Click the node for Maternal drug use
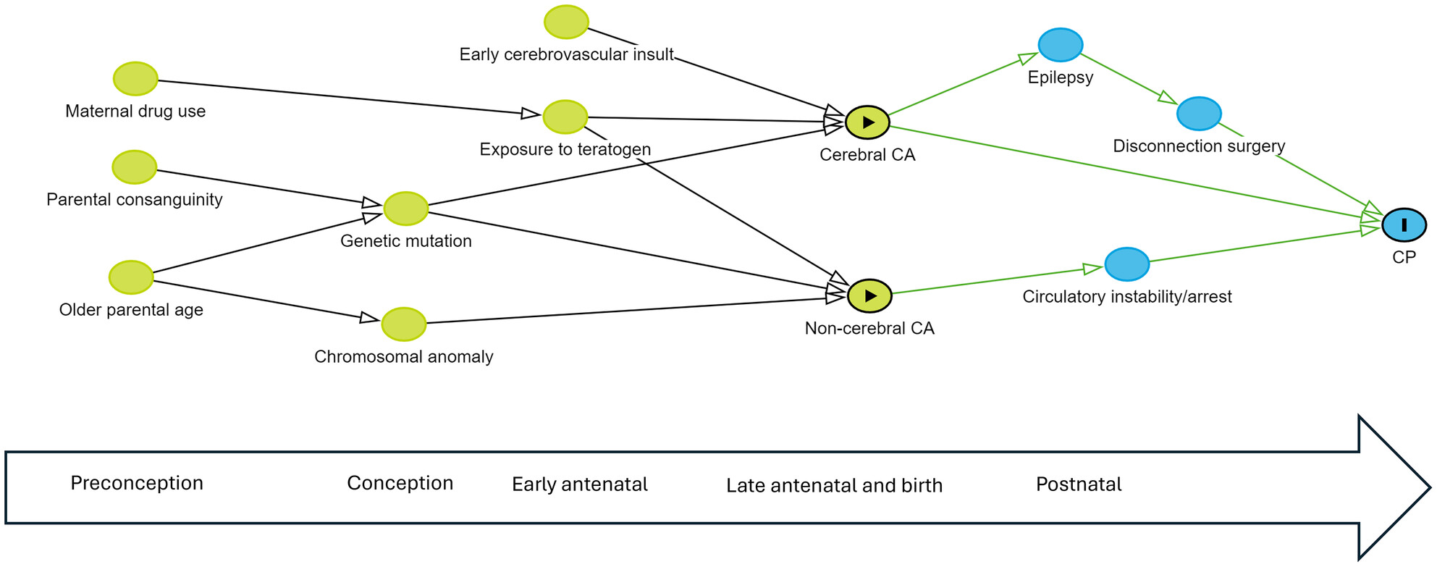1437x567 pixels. point(135,79)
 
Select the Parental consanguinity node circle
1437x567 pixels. point(135,167)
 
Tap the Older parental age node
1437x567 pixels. point(131,277)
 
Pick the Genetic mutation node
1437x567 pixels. point(406,209)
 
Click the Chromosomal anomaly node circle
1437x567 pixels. point(404,324)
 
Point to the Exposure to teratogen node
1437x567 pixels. point(565,117)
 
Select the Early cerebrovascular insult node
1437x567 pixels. point(567,22)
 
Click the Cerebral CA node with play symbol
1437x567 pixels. point(867,122)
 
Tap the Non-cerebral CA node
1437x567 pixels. point(869,295)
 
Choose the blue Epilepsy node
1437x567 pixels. point(1061,45)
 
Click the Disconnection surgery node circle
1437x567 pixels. point(1199,114)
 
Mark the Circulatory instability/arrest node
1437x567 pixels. point(1127,264)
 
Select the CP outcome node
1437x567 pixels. point(1404,224)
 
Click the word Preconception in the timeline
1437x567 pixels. point(137,483)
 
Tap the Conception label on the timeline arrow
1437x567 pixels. point(400,483)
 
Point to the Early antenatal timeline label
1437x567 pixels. point(580,484)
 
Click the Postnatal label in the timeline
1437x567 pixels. point(1079,484)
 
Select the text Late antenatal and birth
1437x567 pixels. point(835,485)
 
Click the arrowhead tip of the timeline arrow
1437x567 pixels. point(1430,487)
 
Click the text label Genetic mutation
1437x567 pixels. point(406,241)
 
